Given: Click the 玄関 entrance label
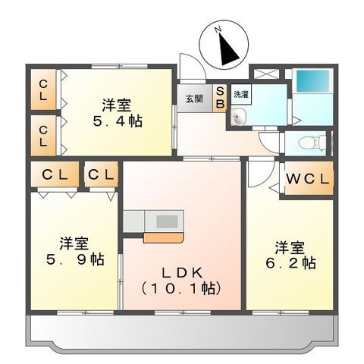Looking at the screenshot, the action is pyautogui.click(x=194, y=99).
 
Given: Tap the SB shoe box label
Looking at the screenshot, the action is pyautogui.click(x=220, y=98).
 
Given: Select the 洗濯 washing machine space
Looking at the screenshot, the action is pyautogui.click(x=241, y=94).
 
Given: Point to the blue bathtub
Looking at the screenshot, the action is pyautogui.click(x=312, y=81).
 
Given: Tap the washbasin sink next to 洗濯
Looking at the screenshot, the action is pyautogui.click(x=238, y=117).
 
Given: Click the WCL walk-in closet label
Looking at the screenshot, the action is pyautogui.click(x=308, y=179).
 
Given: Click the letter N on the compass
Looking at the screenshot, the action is pyautogui.click(x=218, y=30).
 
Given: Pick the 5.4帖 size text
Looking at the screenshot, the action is pyautogui.click(x=118, y=121).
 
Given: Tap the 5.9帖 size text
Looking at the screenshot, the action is pyautogui.click(x=75, y=259).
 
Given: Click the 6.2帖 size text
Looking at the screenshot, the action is pyautogui.click(x=290, y=263).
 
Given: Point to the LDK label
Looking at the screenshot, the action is pyautogui.click(x=182, y=273).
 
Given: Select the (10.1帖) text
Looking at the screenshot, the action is pyautogui.click(x=182, y=289).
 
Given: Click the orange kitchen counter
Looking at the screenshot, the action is pyautogui.click(x=163, y=238).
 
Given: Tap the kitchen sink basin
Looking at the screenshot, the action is pyautogui.click(x=167, y=221).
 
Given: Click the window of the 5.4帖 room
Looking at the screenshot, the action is pyautogui.click(x=119, y=66).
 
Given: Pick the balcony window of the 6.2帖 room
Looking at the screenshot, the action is pyautogui.click(x=281, y=312).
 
